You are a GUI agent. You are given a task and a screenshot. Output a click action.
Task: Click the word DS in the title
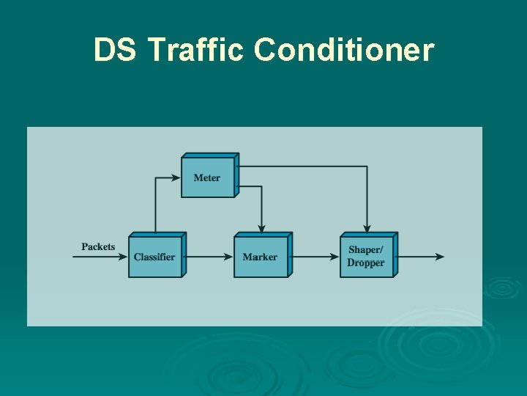coord(116,51)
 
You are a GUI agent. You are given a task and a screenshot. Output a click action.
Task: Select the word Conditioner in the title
coord(344,51)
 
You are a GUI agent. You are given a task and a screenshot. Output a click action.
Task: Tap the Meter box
coord(208,177)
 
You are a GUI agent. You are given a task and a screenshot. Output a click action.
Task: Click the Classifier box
coord(155,256)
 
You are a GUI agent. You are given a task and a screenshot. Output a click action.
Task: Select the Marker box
coord(261,256)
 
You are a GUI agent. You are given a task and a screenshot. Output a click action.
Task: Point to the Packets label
coord(98,246)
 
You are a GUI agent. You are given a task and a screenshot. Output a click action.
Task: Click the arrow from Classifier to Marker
coord(208,257)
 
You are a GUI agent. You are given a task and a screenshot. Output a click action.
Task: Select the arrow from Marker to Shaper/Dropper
coord(313,257)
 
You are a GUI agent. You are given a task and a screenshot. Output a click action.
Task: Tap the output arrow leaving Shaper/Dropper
coord(420,257)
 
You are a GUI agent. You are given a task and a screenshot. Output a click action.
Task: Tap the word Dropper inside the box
coord(366,263)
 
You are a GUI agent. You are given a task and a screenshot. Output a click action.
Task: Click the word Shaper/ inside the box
coord(366,250)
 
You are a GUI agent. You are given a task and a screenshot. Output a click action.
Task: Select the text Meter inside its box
coord(207,177)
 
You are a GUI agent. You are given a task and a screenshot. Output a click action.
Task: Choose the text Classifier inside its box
coord(154,257)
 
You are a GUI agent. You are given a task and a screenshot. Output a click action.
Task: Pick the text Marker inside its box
coord(260,257)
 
